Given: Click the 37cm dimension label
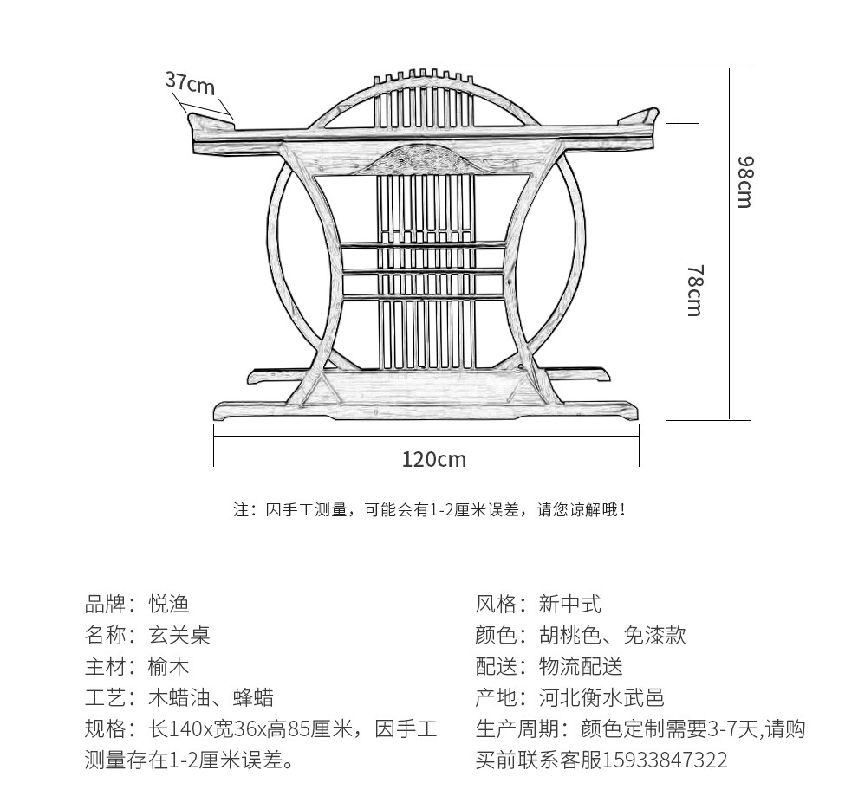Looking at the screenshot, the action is (190, 83).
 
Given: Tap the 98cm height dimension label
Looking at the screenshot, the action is (744, 182).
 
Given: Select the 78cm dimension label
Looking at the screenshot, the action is (694, 290).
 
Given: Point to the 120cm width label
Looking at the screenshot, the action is (433, 459).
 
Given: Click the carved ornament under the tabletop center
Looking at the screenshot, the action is (425, 159).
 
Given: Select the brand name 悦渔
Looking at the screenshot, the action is (168, 604).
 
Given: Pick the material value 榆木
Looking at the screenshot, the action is (168, 666).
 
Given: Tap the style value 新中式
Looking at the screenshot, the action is (569, 604).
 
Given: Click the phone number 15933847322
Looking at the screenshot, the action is (665, 760).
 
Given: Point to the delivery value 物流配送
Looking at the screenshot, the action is (581, 666).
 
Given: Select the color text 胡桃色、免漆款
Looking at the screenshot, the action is (612, 635).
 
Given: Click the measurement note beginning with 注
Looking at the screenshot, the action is (429, 510).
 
